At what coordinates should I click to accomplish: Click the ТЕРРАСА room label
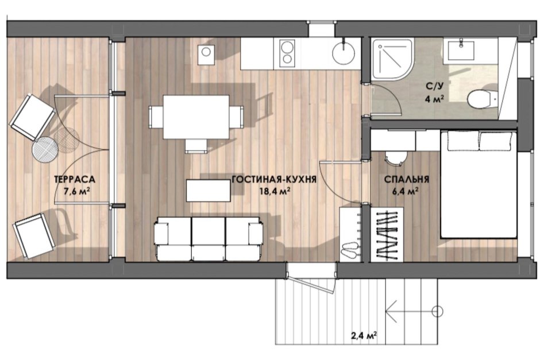(x=74, y=179)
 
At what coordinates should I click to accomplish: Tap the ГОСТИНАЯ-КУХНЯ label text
(x=274, y=179)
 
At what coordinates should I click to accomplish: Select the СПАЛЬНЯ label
(x=407, y=179)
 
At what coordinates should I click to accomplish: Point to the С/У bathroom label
(x=434, y=86)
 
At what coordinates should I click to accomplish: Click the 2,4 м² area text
(x=364, y=335)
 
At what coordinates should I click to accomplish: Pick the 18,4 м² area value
(x=275, y=191)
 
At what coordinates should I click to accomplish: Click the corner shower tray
(x=392, y=60)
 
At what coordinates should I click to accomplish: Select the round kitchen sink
(x=344, y=53)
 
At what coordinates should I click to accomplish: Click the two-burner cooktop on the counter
(x=287, y=53)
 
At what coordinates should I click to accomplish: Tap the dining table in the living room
(x=196, y=117)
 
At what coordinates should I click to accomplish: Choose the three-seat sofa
(x=209, y=238)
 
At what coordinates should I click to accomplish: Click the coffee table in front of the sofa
(x=209, y=190)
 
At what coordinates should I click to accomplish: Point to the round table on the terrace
(x=45, y=150)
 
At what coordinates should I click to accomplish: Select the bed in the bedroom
(x=479, y=184)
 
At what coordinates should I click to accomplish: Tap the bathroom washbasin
(x=461, y=51)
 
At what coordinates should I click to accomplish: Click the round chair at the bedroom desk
(x=395, y=158)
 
